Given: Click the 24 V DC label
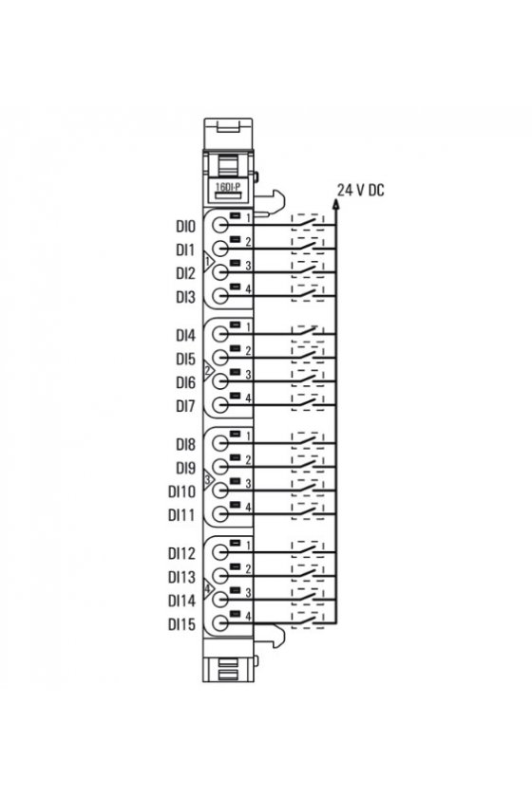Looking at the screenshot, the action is tap(360, 190).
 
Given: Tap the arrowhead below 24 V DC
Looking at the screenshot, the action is tap(335, 204).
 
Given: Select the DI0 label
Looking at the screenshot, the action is tap(186, 226).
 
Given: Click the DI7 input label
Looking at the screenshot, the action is tap(186, 406).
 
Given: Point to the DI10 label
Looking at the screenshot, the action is tap(181, 491).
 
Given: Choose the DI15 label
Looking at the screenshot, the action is tap(181, 624).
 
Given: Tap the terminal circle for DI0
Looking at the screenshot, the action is tap(220, 225).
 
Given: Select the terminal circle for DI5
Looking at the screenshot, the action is tap(220, 358).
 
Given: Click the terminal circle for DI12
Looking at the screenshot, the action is tap(220, 552).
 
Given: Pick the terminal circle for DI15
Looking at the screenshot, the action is tap(220, 623).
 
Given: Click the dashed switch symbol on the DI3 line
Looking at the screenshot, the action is tap(308, 293).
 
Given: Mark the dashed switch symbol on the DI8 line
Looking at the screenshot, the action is tap(308, 441).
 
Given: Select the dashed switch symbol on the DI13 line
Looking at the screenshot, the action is tap(308, 574).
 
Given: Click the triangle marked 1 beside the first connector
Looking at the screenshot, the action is tap(208, 262).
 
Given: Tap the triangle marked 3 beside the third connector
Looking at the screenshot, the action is tap(208, 479).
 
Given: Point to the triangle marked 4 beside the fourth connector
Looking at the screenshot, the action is tap(208, 588).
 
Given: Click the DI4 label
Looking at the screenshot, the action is tap(186, 336).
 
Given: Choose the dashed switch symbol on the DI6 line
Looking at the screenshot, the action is tap(308, 380).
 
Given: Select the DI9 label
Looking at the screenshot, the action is tap(186, 468).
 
